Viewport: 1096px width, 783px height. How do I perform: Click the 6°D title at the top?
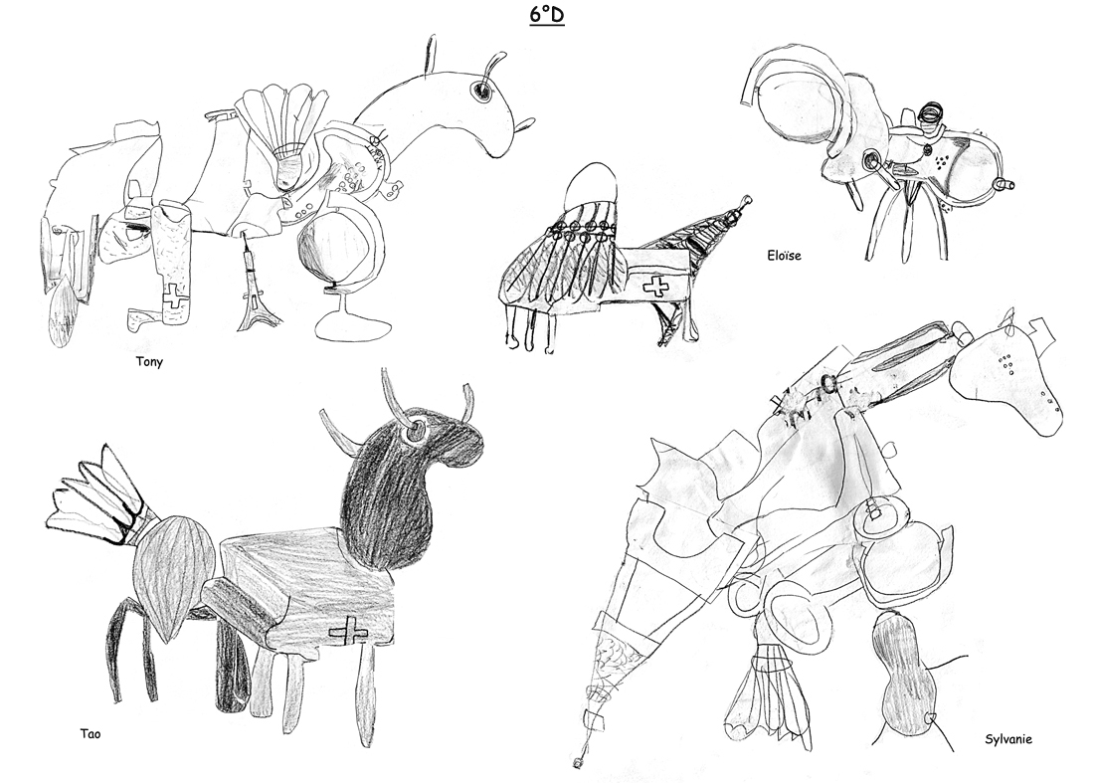547,15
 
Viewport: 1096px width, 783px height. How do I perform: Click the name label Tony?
149,361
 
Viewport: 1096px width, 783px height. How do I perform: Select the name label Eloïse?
784,255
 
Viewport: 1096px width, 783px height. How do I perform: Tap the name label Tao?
91,733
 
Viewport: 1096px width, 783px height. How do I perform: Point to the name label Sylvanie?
1008,739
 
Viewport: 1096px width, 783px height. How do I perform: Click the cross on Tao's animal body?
348,632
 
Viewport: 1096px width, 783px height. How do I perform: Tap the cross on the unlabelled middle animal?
655,286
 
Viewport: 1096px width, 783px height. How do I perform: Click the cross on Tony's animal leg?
175,296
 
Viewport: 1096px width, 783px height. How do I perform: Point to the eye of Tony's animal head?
481,91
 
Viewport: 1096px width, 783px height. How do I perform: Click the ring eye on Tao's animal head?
415,428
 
